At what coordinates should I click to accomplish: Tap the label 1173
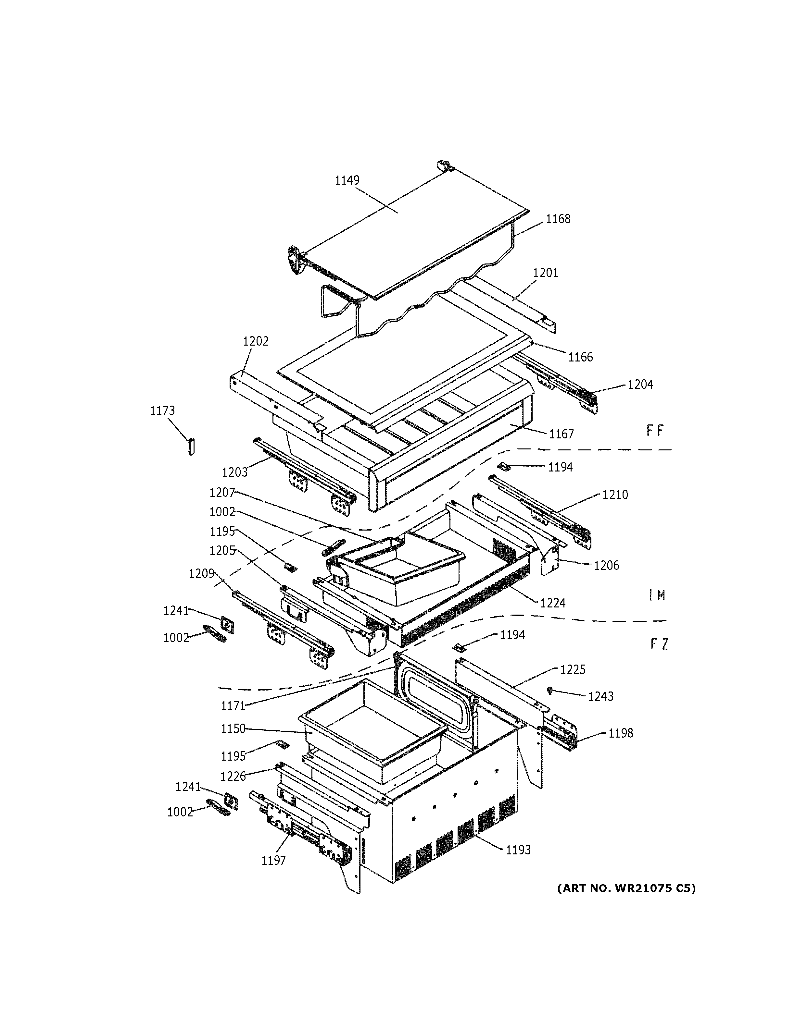pyautogui.click(x=162, y=411)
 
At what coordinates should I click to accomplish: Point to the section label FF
pyautogui.click(x=655, y=431)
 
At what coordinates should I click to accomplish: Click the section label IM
pyautogui.click(x=657, y=596)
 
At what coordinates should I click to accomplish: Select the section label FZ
pyautogui.click(x=659, y=644)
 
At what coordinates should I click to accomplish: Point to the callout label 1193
pyautogui.click(x=518, y=850)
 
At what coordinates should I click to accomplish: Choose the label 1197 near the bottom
pyautogui.click(x=274, y=861)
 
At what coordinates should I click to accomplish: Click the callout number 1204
pyautogui.click(x=640, y=385)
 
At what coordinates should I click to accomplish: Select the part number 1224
pyautogui.click(x=552, y=603)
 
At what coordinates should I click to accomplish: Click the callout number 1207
pyautogui.click(x=222, y=492)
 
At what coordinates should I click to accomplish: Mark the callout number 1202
pyautogui.click(x=256, y=341)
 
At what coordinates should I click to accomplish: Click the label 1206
pyautogui.click(x=606, y=565)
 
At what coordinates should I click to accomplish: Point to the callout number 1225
pyautogui.click(x=573, y=669)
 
